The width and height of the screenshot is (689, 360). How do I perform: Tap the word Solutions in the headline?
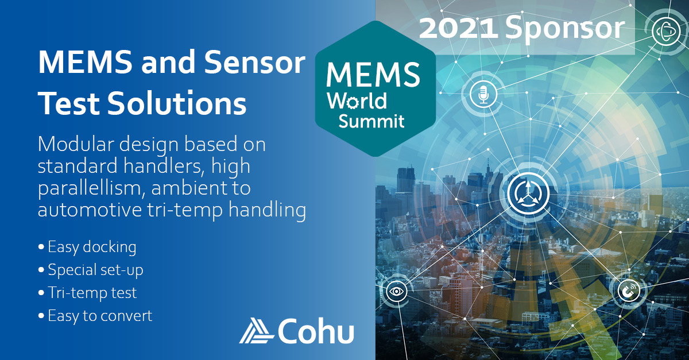point(177,103)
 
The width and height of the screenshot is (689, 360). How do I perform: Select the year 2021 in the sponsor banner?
point(459,28)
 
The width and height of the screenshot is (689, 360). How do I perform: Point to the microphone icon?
point(483,94)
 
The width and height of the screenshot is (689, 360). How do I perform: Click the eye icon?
point(397,291)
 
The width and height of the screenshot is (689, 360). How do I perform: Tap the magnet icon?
point(629,290)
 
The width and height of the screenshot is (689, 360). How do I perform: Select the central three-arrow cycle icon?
point(528,193)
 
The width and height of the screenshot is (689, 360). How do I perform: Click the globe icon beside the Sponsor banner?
point(666,31)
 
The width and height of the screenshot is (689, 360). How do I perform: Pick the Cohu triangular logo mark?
point(256,331)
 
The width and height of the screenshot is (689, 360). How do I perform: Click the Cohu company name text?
point(316,331)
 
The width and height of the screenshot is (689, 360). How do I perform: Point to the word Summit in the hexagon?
point(371,122)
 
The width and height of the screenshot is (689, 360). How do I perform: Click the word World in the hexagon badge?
point(357,100)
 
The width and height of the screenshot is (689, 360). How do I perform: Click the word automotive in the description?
point(90,210)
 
